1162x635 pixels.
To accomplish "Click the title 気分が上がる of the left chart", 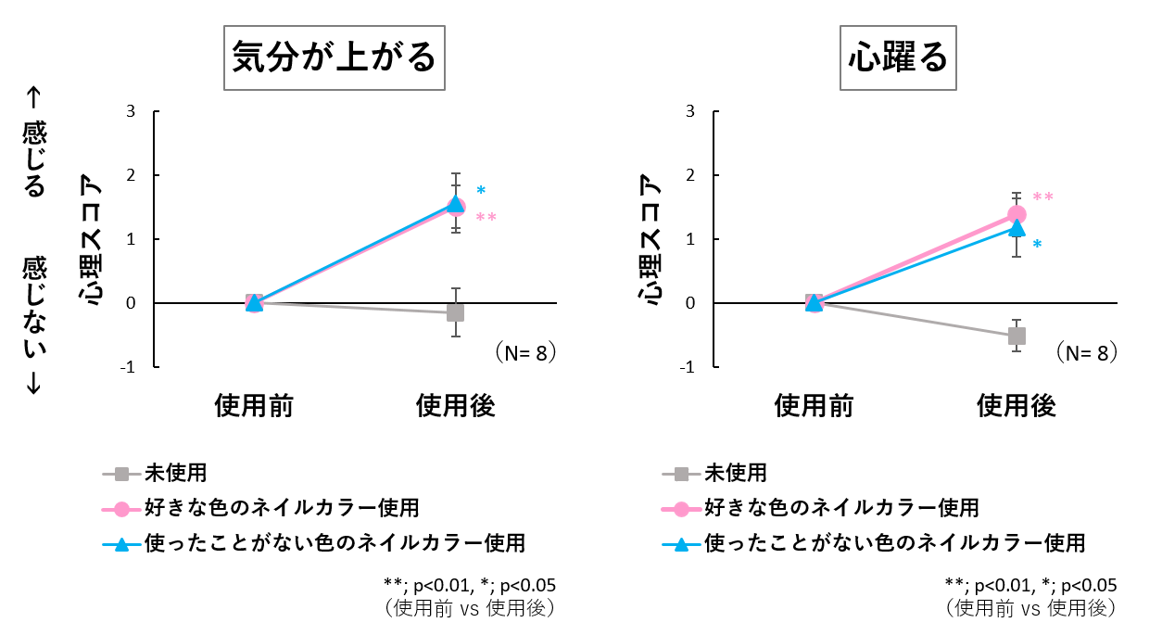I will point(334,57).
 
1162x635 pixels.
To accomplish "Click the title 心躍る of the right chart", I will point(899,57).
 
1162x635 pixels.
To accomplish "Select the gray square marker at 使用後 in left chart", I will point(455,312).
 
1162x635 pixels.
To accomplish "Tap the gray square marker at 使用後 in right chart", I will point(1017,336).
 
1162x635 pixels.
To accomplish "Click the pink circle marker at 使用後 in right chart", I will point(1017,214).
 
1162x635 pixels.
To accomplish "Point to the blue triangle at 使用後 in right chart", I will point(1017,227).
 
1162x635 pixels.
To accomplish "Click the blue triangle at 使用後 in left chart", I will point(455,204).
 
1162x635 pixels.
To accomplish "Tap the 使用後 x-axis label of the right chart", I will point(1017,405).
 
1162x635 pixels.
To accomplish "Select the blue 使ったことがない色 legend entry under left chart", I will point(335,542).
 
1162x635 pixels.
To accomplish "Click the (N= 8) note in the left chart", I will point(524,353).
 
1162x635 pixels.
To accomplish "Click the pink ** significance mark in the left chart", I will point(486,219).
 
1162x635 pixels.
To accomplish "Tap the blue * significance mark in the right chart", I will point(1037,245).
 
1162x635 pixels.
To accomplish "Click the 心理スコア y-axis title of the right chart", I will point(653,238).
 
